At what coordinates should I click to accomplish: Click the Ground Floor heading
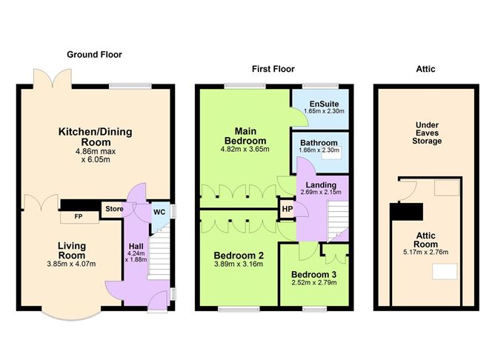pyautogui.click(x=94, y=55)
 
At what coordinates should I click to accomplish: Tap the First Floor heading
pyautogui.click(x=273, y=69)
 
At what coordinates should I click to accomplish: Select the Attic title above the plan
pyautogui.click(x=425, y=69)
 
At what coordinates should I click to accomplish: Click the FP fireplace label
pyautogui.click(x=79, y=217)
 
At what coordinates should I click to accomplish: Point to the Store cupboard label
pyautogui.click(x=114, y=209)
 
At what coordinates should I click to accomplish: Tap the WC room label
pyautogui.click(x=159, y=212)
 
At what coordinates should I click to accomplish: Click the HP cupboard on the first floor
pyautogui.click(x=288, y=209)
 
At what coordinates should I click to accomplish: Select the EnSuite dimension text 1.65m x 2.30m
pyautogui.click(x=325, y=111)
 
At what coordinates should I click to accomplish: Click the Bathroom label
pyautogui.click(x=319, y=143)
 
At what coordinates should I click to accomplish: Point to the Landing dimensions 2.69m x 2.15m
pyautogui.click(x=321, y=192)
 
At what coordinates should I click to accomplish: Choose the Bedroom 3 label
pyautogui.click(x=313, y=275)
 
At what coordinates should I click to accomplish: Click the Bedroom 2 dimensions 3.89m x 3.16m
pyautogui.click(x=239, y=264)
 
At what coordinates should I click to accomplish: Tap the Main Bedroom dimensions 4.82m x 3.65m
pyautogui.click(x=245, y=149)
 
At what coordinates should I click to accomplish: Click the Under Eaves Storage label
pyautogui.click(x=427, y=133)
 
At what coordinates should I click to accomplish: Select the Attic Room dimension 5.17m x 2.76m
pyautogui.click(x=425, y=252)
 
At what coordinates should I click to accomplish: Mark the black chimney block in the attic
pyautogui.click(x=406, y=212)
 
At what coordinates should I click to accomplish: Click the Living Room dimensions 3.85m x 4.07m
pyautogui.click(x=71, y=264)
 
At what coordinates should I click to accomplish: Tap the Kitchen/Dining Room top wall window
pyautogui.click(x=130, y=85)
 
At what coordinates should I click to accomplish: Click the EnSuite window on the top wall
pyautogui.click(x=320, y=85)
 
